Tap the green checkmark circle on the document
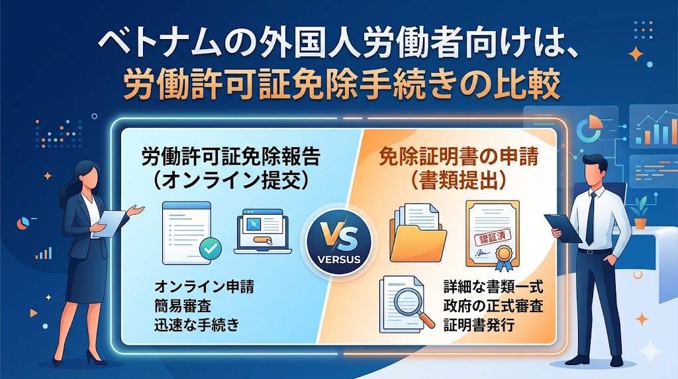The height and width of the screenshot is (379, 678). pyautogui.click(x=210, y=248)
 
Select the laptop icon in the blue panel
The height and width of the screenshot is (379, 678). pyautogui.click(x=262, y=231)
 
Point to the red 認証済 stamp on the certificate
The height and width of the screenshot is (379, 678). pyautogui.click(x=493, y=237)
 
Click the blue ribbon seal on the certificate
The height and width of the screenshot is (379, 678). pyautogui.click(x=503, y=257)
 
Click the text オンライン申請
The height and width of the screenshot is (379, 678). pyautogui.click(x=204, y=287)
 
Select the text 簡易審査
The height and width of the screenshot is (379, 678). pyautogui.click(x=183, y=306)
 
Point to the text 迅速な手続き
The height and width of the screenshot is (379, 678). pyautogui.click(x=197, y=325)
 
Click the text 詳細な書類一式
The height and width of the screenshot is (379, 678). pyautogui.click(x=493, y=287)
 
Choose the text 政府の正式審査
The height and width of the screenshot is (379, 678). pyautogui.click(x=493, y=306)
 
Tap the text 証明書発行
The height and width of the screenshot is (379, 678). pyautogui.click(x=479, y=325)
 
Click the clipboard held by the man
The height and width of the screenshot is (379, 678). pyautogui.click(x=563, y=229)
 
